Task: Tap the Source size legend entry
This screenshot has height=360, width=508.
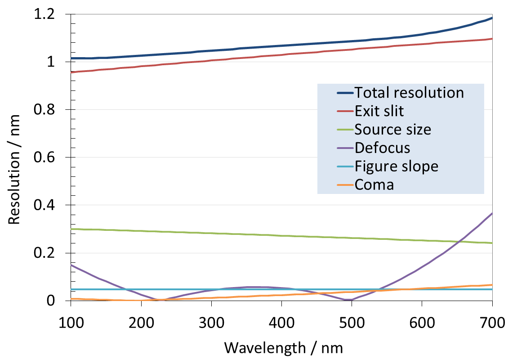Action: pyautogui.click(x=392, y=130)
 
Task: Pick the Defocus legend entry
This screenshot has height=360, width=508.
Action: pyautogui.click(x=382, y=148)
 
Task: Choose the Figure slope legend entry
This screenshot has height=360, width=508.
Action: pyautogui.click(x=396, y=166)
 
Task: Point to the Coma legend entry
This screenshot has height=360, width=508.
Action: pyautogui.click(x=374, y=184)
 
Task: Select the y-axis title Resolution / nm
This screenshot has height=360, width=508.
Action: pyautogui.click(x=14, y=157)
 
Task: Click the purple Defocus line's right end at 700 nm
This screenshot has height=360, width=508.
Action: pyautogui.click(x=492, y=213)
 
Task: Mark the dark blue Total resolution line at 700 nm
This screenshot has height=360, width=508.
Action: pyautogui.click(x=492, y=18)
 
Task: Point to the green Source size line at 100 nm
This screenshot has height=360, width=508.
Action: pyautogui.click(x=71, y=229)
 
